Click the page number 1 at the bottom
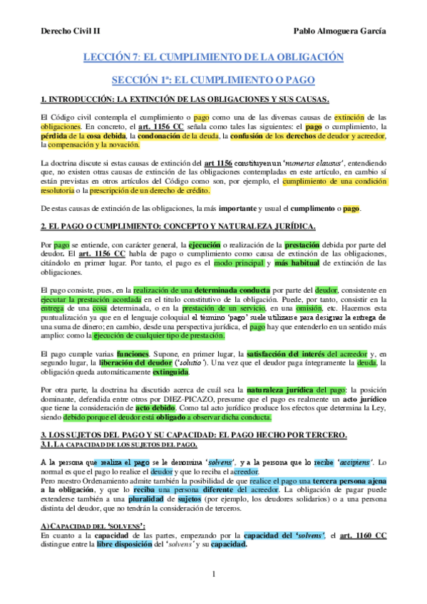[213, 574]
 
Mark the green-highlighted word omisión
[309, 308]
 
